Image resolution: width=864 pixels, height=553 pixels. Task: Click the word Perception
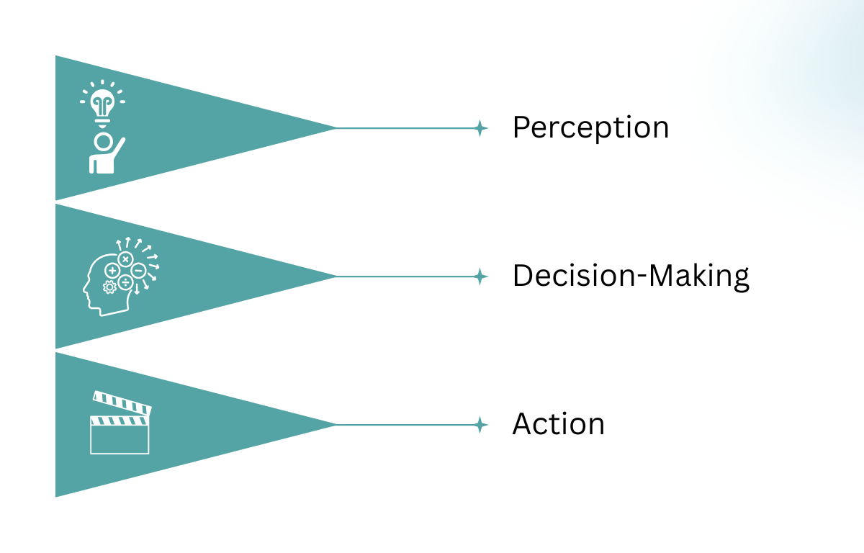(590, 128)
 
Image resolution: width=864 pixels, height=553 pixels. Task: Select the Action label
(558, 424)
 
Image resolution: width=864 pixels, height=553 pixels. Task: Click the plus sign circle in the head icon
(113, 271)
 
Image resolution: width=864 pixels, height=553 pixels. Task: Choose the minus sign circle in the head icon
(139, 271)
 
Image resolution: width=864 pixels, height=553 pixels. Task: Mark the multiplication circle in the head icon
(126, 258)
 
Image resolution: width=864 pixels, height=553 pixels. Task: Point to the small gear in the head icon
(110, 287)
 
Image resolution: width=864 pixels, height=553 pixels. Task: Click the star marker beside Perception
(480, 128)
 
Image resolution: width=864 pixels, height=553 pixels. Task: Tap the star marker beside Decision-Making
(480, 276)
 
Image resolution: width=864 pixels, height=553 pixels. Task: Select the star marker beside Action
(480, 425)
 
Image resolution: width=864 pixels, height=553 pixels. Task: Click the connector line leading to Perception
(403, 128)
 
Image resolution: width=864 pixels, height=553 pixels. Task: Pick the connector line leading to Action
(403, 425)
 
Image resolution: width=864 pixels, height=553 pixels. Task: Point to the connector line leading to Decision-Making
(403, 276)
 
